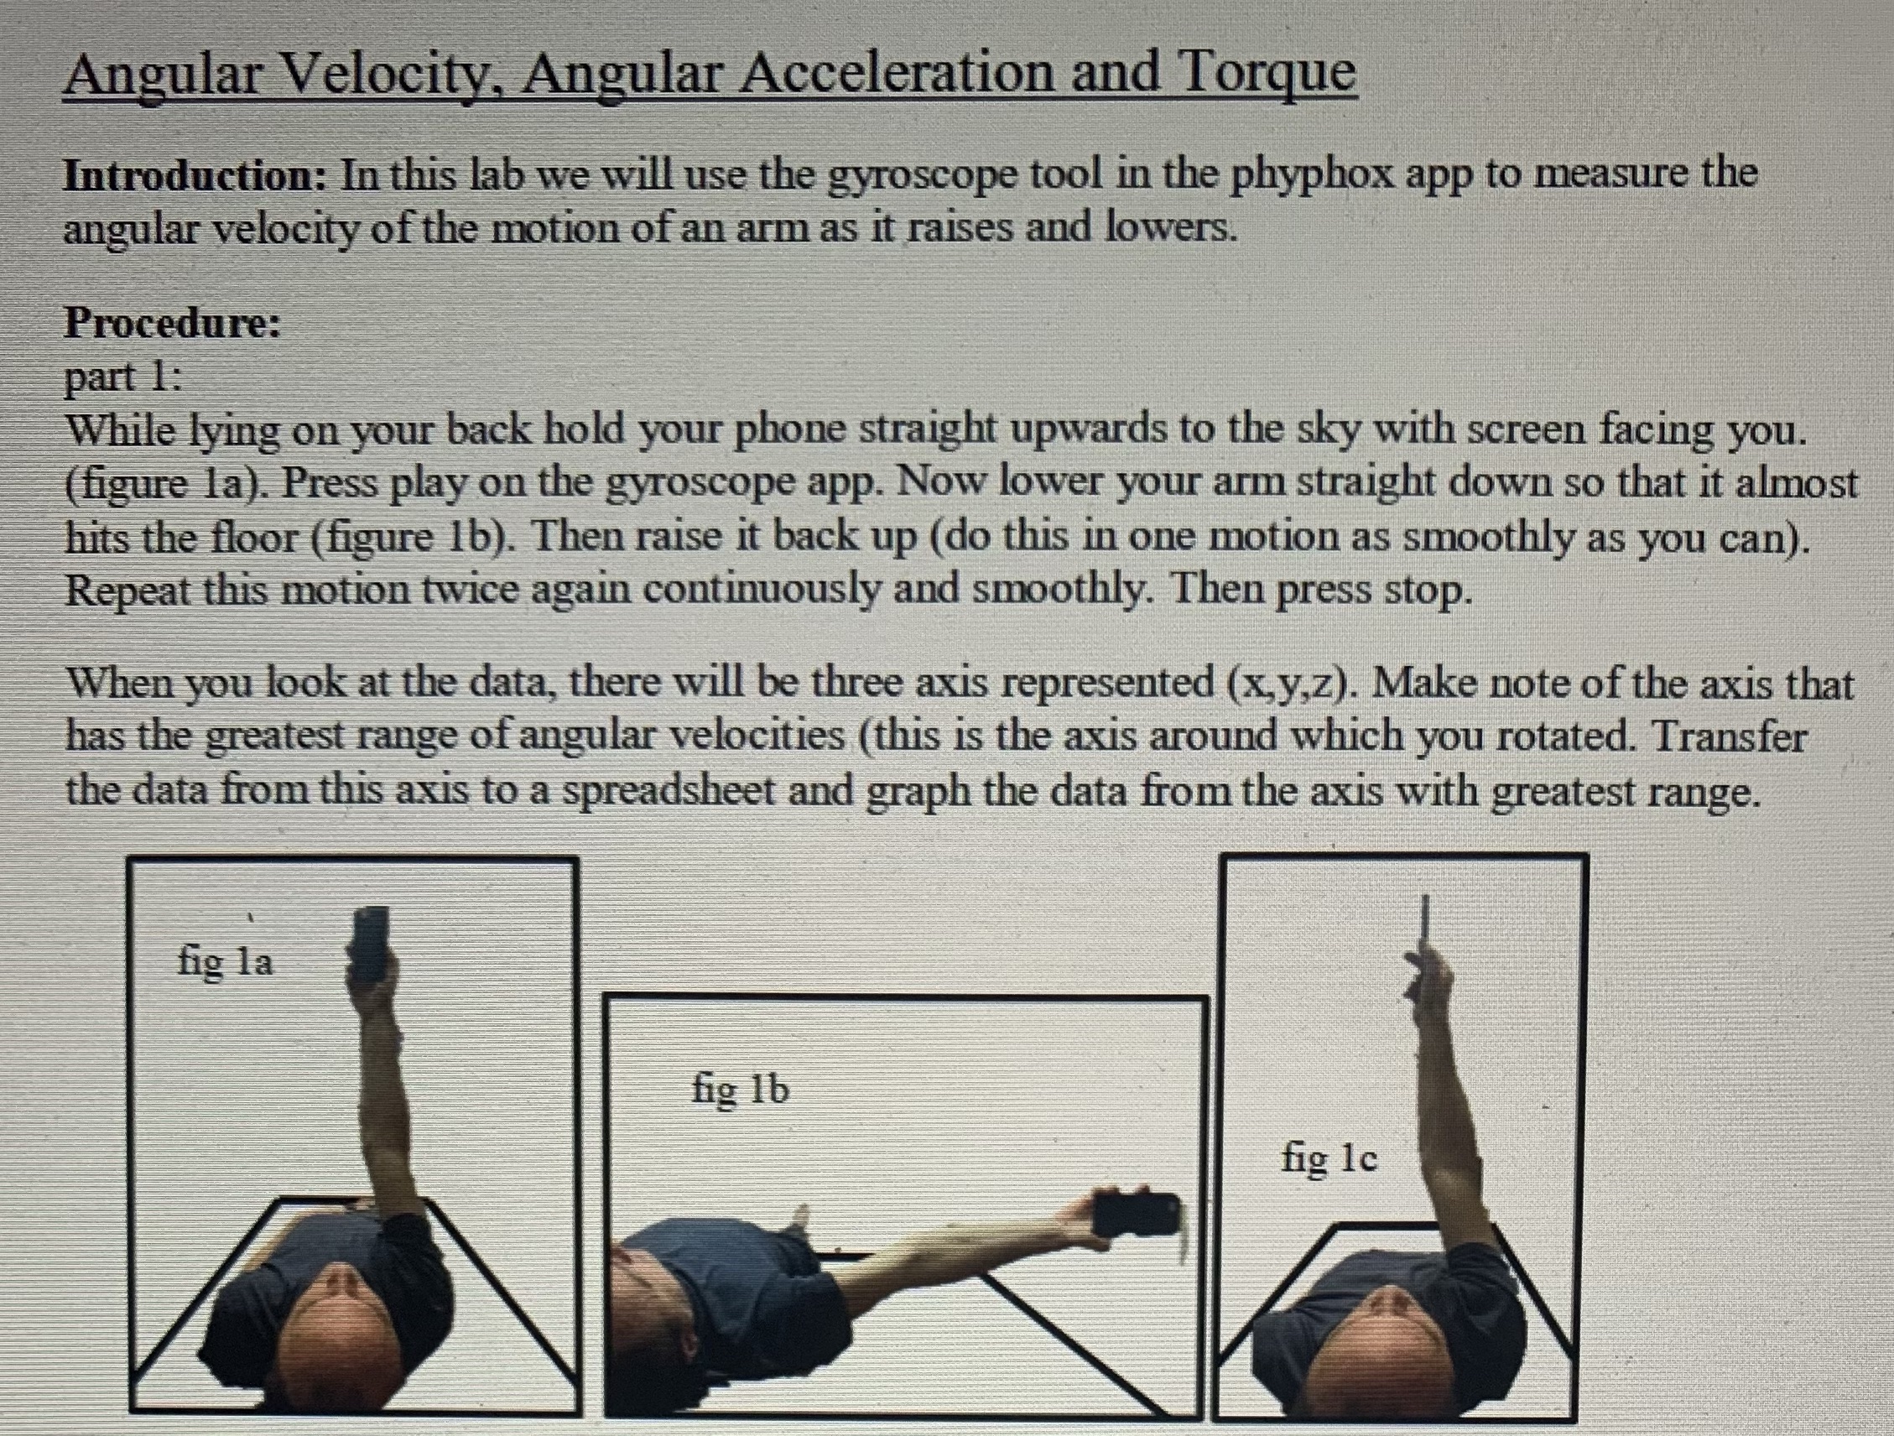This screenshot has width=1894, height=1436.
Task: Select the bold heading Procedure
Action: click(x=172, y=323)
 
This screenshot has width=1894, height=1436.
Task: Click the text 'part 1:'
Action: click(x=123, y=377)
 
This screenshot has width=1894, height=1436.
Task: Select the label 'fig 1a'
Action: click(x=225, y=961)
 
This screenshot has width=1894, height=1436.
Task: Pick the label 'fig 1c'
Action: click(x=1329, y=1158)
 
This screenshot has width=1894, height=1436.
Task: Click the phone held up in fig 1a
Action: click(x=370, y=946)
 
